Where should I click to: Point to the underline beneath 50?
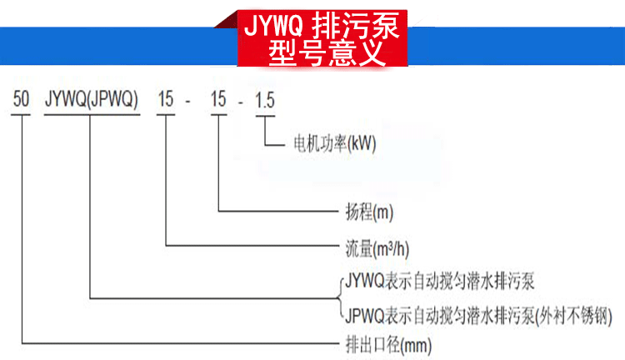point(20,114)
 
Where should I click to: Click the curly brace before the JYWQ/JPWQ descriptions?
point(338,297)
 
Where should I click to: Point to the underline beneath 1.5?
point(264,114)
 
